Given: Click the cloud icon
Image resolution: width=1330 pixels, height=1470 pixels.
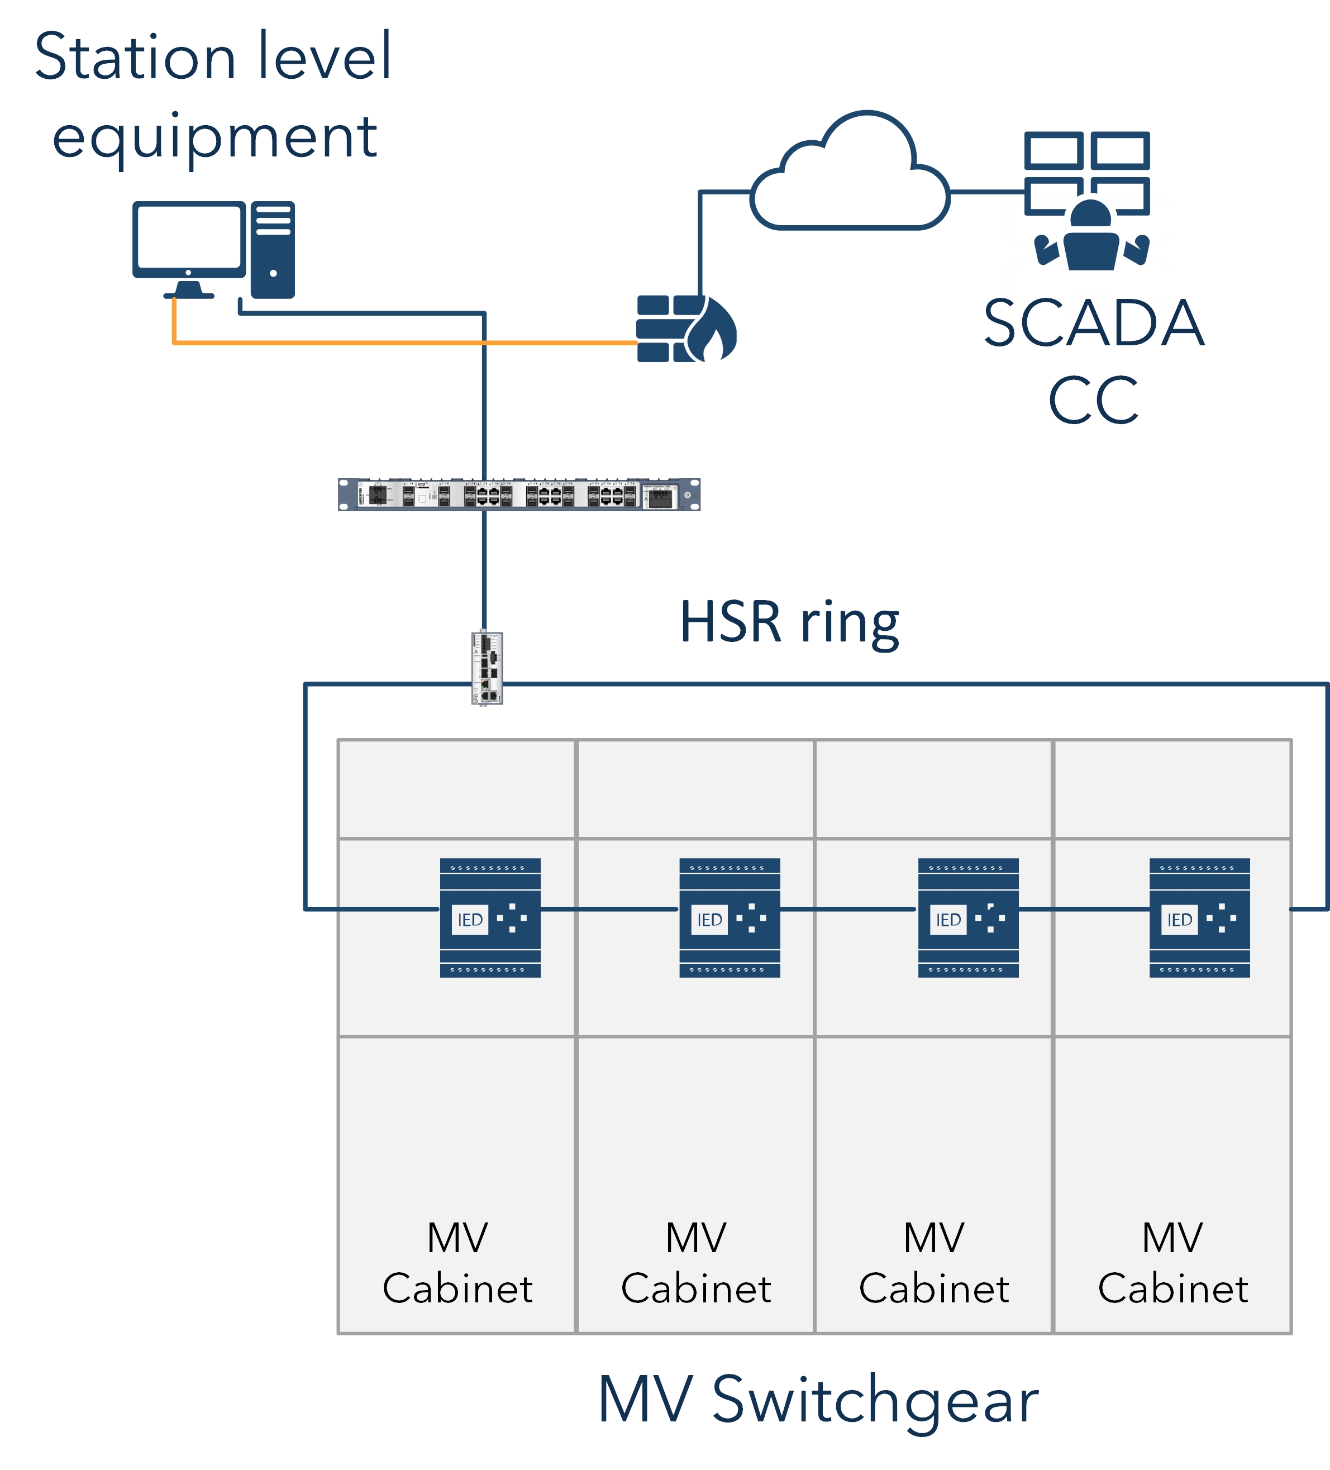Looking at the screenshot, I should click(850, 179).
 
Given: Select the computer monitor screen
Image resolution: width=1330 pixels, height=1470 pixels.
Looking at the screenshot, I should click(188, 236).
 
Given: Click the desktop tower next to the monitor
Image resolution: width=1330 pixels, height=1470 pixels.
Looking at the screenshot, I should click(273, 249).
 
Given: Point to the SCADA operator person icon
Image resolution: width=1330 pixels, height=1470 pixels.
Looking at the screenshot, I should click(1091, 237).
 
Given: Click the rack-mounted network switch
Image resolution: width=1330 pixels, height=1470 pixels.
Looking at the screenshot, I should click(518, 494).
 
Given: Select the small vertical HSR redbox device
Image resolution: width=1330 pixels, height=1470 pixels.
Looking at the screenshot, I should click(487, 667).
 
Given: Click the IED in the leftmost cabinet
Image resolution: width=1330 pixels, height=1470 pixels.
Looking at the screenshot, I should click(490, 917).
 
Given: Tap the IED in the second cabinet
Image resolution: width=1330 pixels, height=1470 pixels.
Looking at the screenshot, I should click(729, 917).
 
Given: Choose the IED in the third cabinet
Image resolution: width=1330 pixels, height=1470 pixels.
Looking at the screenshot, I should click(967, 917).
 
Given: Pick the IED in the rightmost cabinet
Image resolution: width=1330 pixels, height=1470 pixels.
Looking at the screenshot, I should click(1199, 917).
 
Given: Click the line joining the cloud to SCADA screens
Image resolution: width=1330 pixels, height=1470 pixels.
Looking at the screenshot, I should click(986, 192).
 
